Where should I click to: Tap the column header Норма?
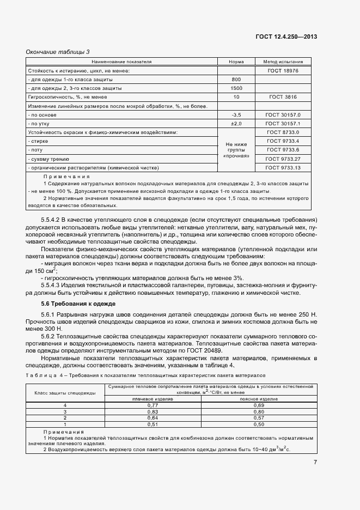coord(236,62)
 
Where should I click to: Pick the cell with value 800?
coord(236,80)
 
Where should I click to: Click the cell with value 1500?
coord(236,88)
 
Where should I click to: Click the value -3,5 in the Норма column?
coord(236,115)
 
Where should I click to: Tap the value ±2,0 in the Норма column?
coord(236,124)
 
